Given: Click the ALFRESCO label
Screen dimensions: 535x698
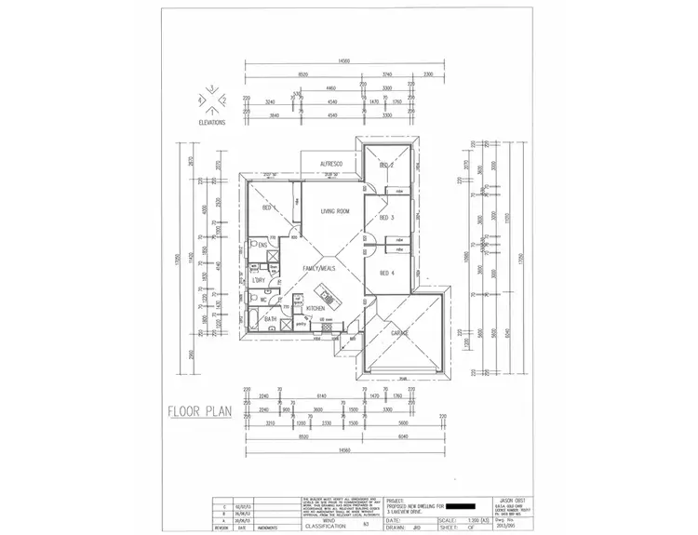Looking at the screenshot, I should [x=332, y=164].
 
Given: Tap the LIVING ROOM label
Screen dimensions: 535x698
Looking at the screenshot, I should [x=335, y=212].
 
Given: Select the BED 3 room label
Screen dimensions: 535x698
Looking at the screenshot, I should [x=387, y=218].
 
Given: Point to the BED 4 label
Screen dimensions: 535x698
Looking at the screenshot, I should [x=387, y=273].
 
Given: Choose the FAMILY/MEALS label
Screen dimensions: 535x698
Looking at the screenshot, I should [x=316, y=269].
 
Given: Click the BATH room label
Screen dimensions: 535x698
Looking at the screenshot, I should [x=270, y=319].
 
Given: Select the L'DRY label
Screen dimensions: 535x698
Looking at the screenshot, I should [x=260, y=279].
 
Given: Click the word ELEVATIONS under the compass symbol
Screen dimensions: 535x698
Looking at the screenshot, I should [x=212, y=122].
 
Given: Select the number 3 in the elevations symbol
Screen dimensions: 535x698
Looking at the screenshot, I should [x=212, y=88].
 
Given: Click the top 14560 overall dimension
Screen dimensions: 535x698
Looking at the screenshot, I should [x=343, y=60].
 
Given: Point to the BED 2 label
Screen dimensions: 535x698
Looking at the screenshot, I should [x=387, y=165].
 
